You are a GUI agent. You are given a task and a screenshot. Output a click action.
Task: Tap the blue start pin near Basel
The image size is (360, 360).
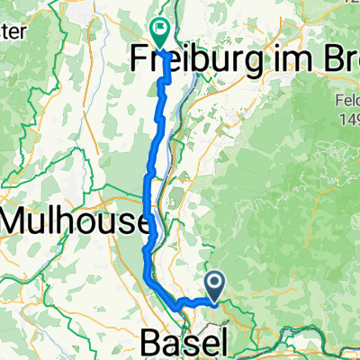pos(216,287)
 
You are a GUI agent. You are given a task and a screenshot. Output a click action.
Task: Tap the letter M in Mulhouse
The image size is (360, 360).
pos(19,220)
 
